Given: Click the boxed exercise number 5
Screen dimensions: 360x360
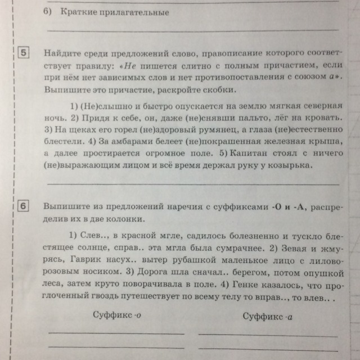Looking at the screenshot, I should pos(24,53).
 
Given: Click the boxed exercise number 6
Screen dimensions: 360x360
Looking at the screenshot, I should pos(25,207).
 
